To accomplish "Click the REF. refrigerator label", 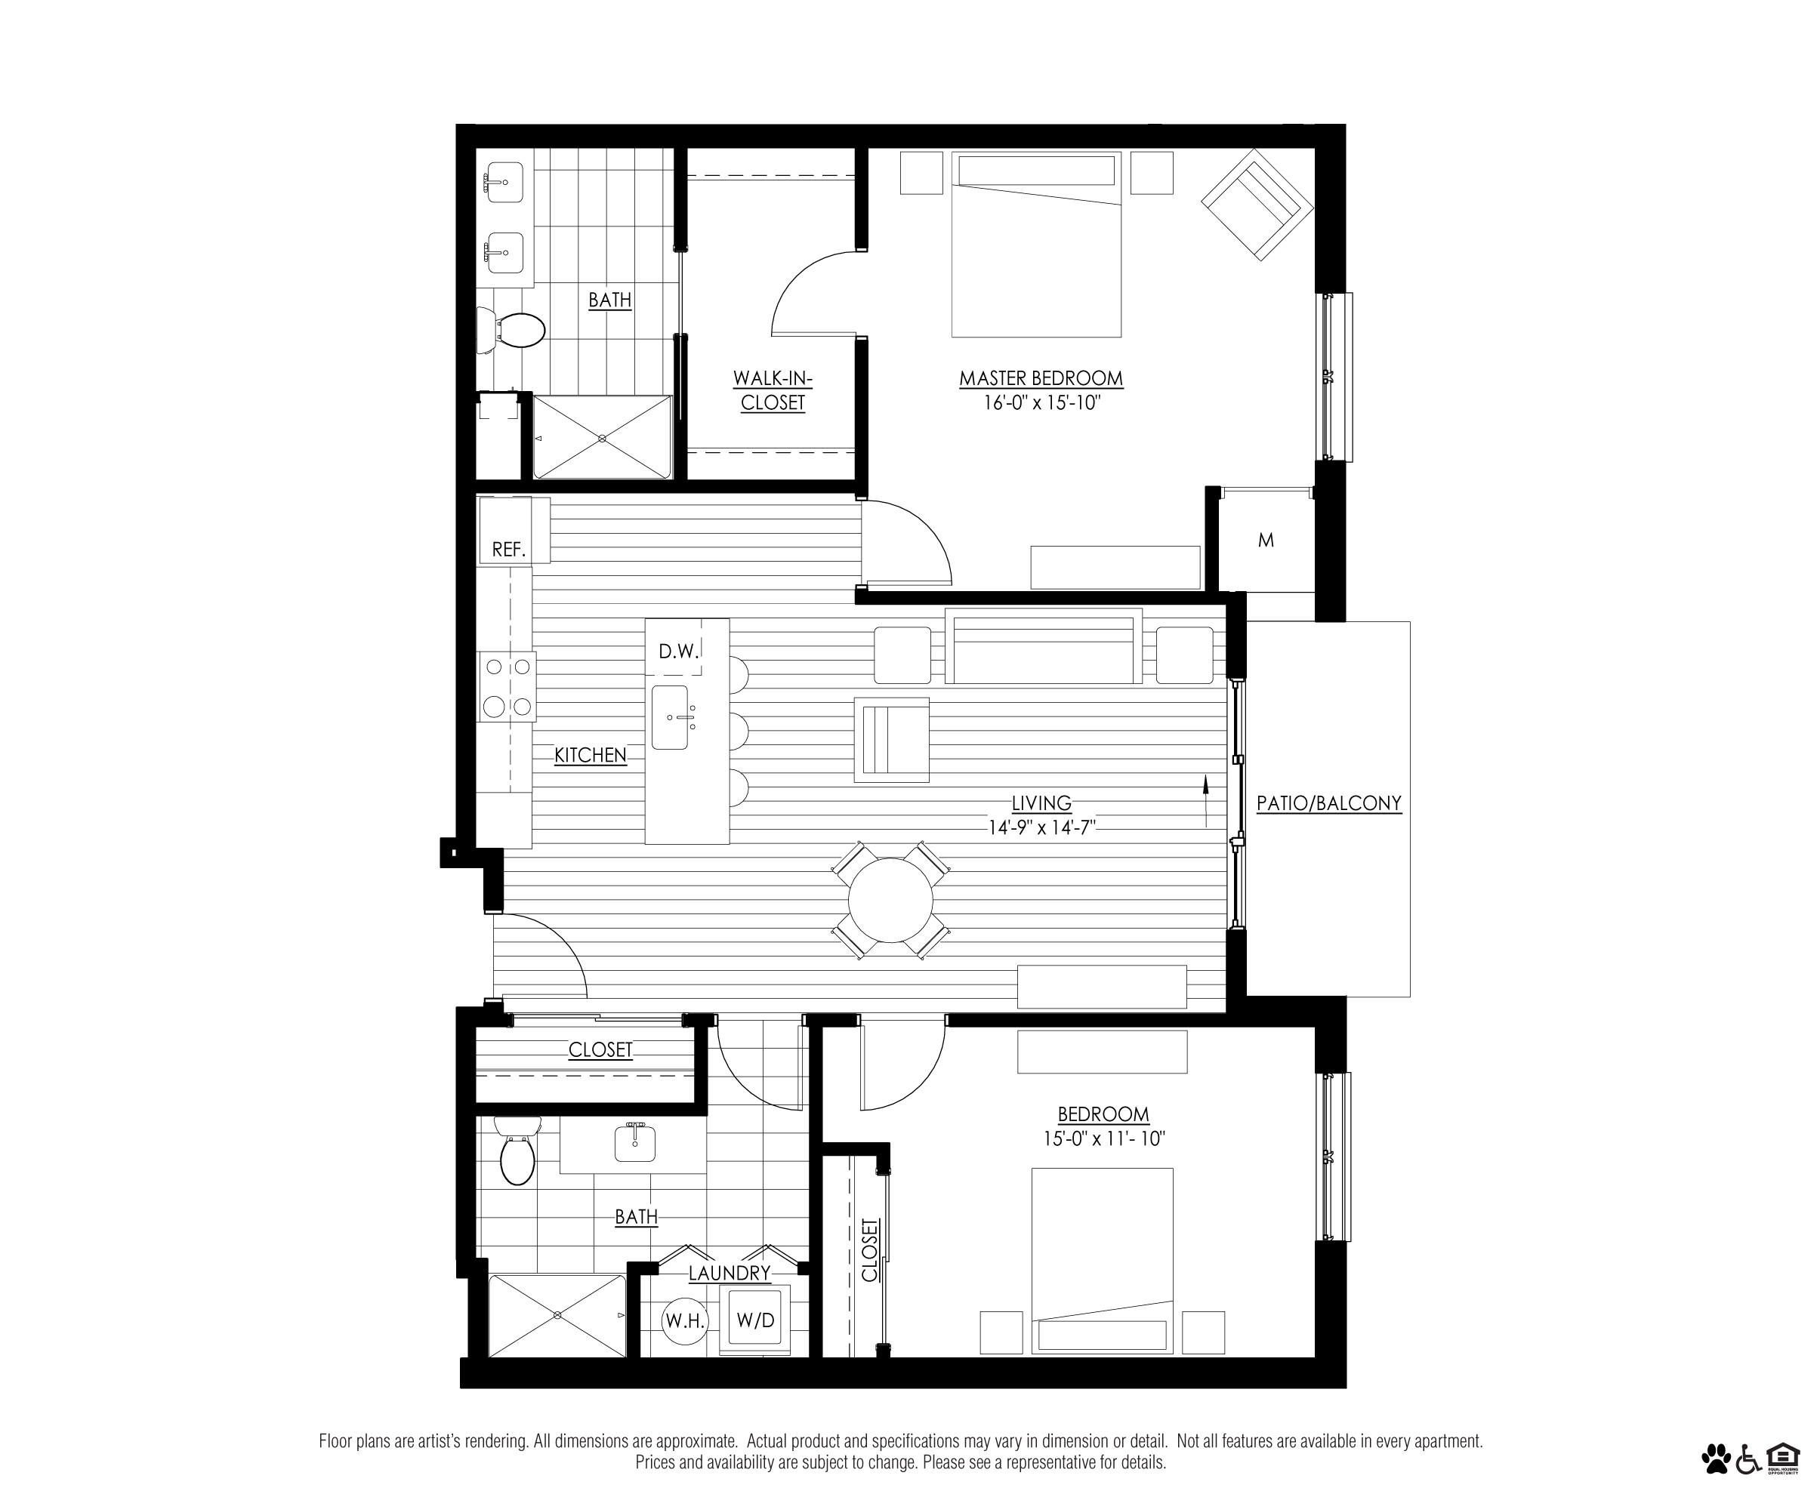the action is tap(508, 550).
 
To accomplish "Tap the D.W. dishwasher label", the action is tap(679, 652).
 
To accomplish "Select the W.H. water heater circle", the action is tap(685, 1321).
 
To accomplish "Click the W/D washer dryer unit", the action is tap(755, 1320).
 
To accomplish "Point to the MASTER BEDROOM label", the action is tap(1041, 378).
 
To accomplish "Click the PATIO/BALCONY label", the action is tap(1329, 803).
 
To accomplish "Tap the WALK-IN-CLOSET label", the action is tap(773, 390).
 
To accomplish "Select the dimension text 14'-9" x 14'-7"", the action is tap(1042, 828).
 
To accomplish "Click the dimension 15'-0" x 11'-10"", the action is tap(1104, 1139).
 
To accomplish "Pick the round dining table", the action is tap(891, 900).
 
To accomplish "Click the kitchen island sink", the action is tap(670, 717).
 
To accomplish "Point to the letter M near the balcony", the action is tap(1266, 541).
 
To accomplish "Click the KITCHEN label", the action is tap(591, 755).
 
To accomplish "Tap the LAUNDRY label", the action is tap(730, 1273).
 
